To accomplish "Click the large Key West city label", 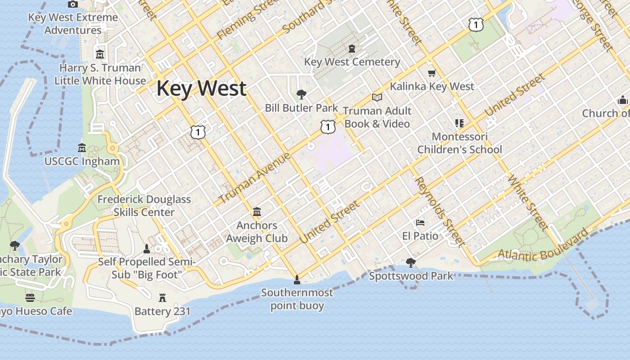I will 201,88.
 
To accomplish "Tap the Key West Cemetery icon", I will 352,48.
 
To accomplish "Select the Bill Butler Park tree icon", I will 301,94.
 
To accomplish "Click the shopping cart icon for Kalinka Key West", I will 432,73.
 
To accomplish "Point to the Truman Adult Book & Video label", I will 377,117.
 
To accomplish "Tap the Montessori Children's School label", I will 459,143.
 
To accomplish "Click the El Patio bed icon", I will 420,223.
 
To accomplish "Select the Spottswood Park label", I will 411,276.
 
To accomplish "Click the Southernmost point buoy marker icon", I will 297,280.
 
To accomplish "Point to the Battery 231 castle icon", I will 162,297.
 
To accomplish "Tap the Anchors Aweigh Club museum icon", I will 257,211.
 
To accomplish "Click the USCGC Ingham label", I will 82,161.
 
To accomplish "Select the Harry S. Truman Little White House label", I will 100,74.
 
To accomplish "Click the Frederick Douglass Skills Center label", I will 144,206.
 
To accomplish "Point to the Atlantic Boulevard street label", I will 542,246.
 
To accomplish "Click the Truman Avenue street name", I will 255,178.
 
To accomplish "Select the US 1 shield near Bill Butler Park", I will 328,127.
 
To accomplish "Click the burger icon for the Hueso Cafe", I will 30,297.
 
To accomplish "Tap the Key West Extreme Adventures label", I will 73,24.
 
